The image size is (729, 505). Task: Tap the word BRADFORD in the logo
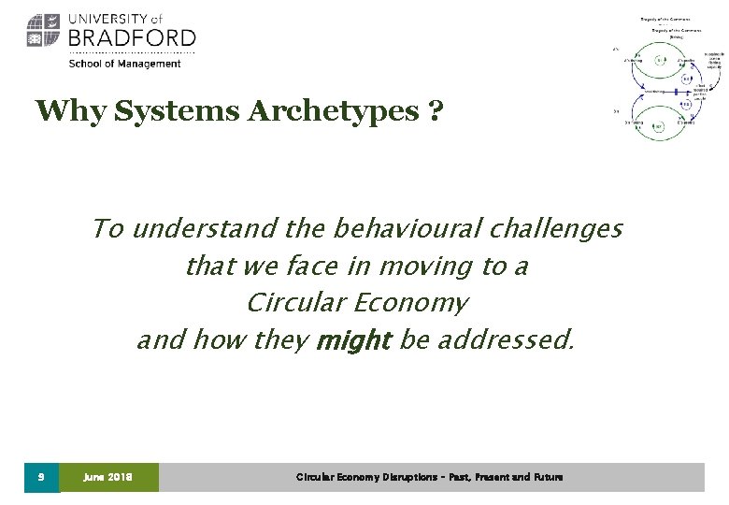(x=132, y=38)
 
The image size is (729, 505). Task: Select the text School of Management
(x=124, y=64)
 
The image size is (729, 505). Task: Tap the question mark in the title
(x=435, y=111)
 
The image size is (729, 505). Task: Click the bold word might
(x=353, y=340)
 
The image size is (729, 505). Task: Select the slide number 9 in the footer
(x=41, y=477)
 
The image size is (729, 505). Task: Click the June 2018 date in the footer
(x=107, y=477)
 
